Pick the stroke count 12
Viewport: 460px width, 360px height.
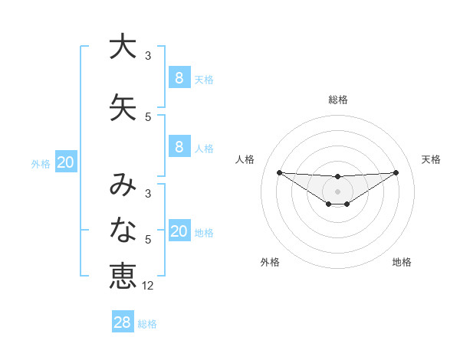pyautogui.click(x=149, y=286)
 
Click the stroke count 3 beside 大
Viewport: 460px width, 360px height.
pyautogui.click(x=148, y=56)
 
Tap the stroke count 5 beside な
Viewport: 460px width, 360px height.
pyautogui.click(x=148, y=240)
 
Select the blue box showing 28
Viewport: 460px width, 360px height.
pyautogui.click(x=122, y=322)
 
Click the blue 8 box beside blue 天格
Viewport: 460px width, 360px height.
pyautogui.click(x=179, y=77)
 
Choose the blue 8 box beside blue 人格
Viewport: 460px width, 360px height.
pyautogui.click(x=179, y=147)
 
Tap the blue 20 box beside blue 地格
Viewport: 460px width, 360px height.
pyautogui.click(x=179, y=231)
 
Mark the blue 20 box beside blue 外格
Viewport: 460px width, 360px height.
pyautogui.click(x=66, y=162)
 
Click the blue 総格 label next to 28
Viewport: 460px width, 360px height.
pyautogui.click(x=147, y=324)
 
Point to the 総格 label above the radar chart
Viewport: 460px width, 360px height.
pyautogui.click(x=338, y=100)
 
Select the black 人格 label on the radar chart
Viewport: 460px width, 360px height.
pyautogui.click(x=245, y=159)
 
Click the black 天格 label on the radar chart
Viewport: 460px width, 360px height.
pyautogui.click(x=431, y=159)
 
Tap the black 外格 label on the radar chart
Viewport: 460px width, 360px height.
pyautogui.click(x=270, y=262)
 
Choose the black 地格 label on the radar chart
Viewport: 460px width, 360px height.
pyautogui.click(x=402, y=262)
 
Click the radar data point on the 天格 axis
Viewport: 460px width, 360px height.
pyautogui.click(x=396, y=172)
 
